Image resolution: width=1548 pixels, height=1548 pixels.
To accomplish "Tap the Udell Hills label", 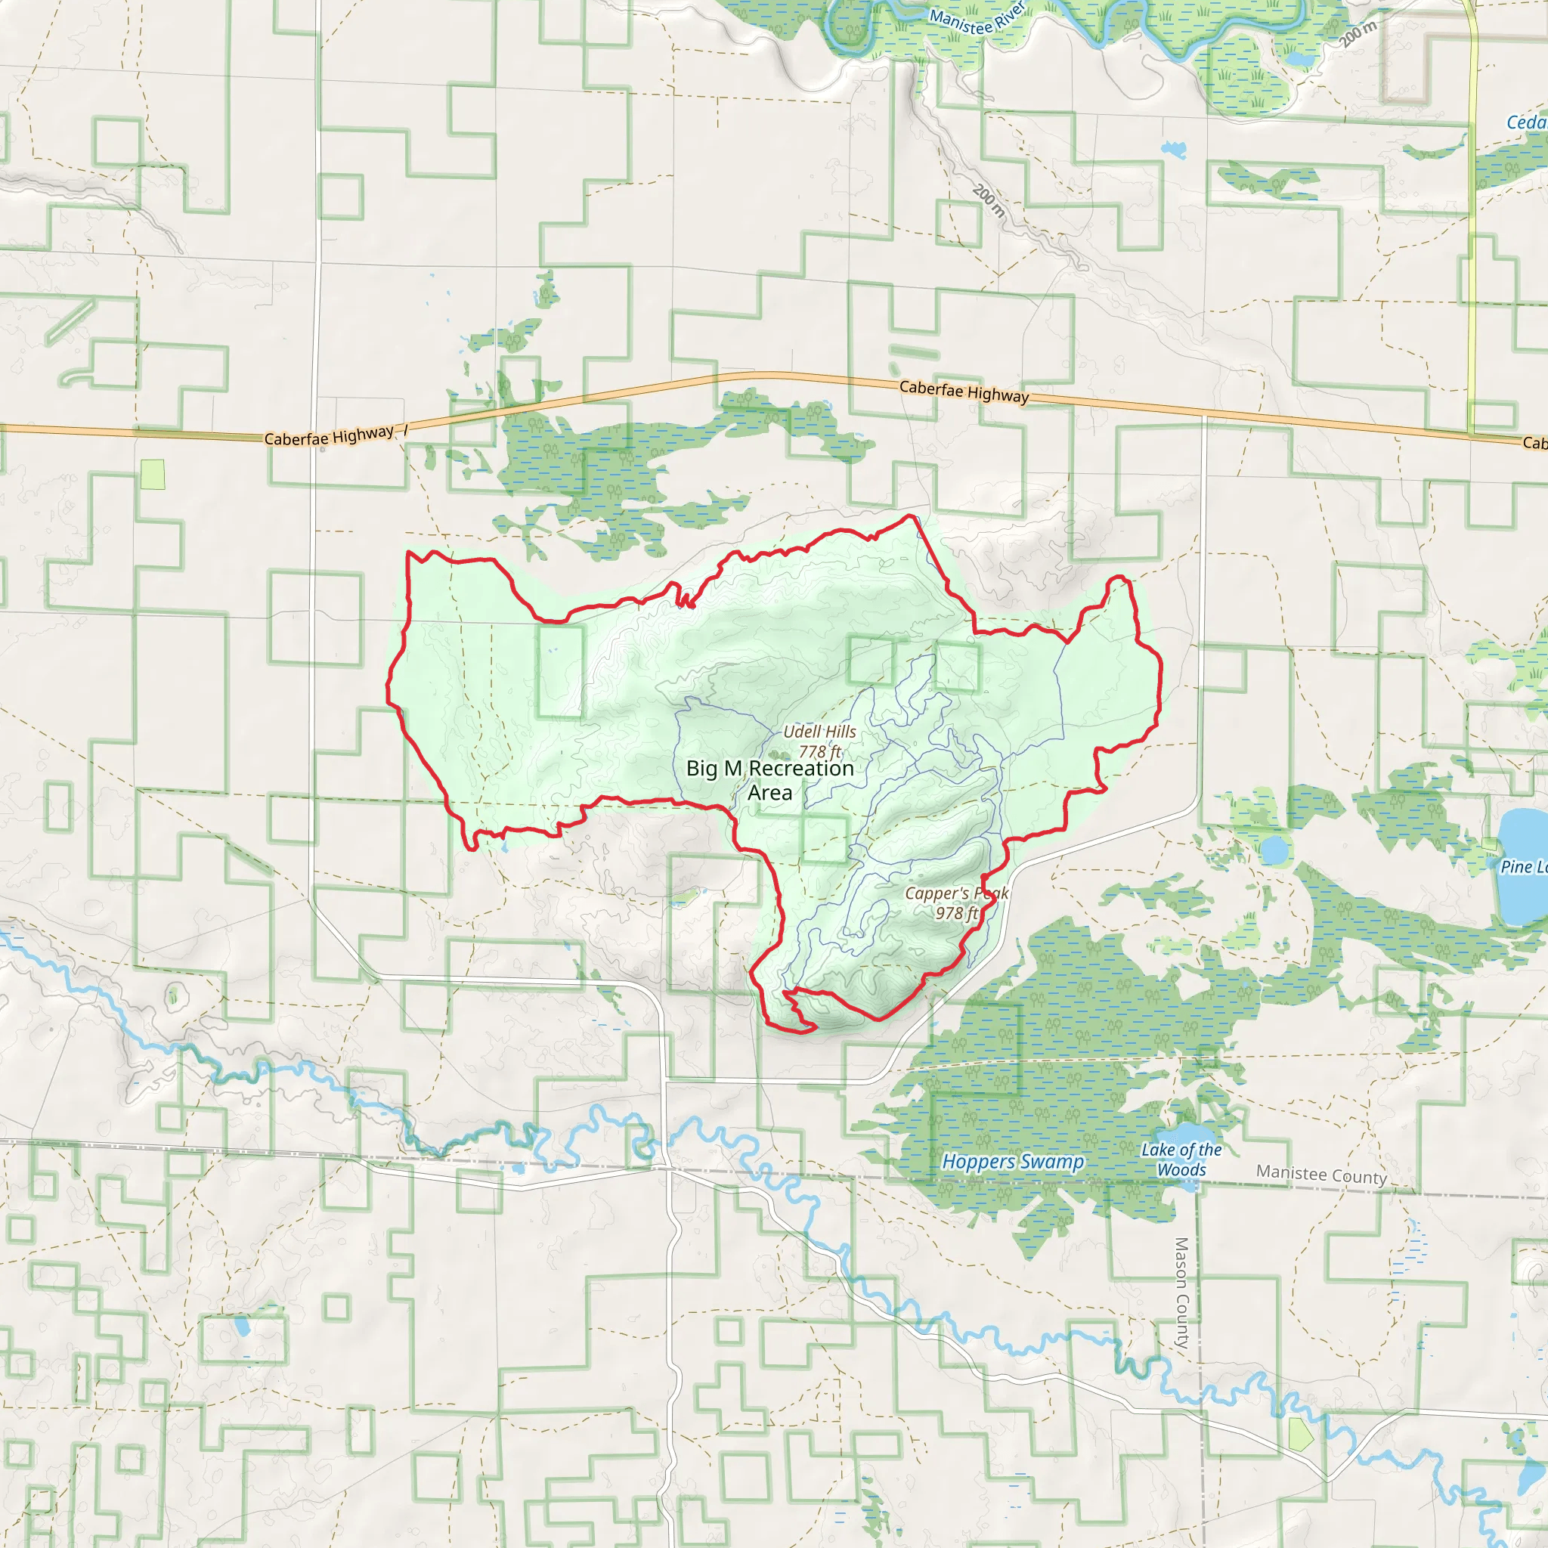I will (x=819, y=732).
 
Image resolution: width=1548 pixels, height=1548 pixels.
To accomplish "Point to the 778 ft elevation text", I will (x=819, y=751).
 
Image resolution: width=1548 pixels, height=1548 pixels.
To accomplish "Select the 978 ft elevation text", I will (x=956, y=912).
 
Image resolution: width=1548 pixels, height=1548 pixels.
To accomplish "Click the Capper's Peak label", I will (x=956, y=893).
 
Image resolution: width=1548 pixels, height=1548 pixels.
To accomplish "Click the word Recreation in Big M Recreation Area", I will (x=800, y=769).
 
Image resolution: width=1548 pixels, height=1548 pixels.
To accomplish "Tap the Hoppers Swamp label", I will (x=1013, y=1161).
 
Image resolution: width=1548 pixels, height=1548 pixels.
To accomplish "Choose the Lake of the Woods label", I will (x=1182, y=1159).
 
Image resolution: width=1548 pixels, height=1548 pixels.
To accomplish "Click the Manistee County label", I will (x=1321, y=1175).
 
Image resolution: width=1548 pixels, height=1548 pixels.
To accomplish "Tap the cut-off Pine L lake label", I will (x=1523, y=866).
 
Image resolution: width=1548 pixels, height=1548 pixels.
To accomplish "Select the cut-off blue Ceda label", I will (x=1525, y=122).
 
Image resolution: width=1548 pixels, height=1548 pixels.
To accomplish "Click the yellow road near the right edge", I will (x=1472, y=240).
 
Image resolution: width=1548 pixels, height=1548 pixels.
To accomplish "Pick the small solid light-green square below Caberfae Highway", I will (x=152, y=475).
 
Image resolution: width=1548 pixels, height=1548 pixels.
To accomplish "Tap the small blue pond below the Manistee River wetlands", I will (x=1174, y=149).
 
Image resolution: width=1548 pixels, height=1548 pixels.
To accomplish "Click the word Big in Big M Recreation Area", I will (x=702, y=769).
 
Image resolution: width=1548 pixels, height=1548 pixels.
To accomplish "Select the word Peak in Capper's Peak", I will (x=991, y=893).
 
